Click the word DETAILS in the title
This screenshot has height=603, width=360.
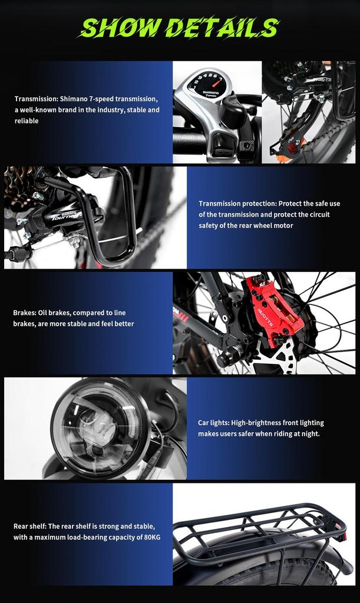coord(221,28)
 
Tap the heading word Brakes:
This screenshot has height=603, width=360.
coord(27,313)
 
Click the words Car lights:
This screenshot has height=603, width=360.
coord(213,423)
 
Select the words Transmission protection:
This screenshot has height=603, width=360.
coord(237,203)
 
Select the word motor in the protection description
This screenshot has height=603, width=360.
coord(283,226)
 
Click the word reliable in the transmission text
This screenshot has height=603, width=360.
coord(27,121)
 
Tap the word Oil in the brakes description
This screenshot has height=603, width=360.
coord(51,313)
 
